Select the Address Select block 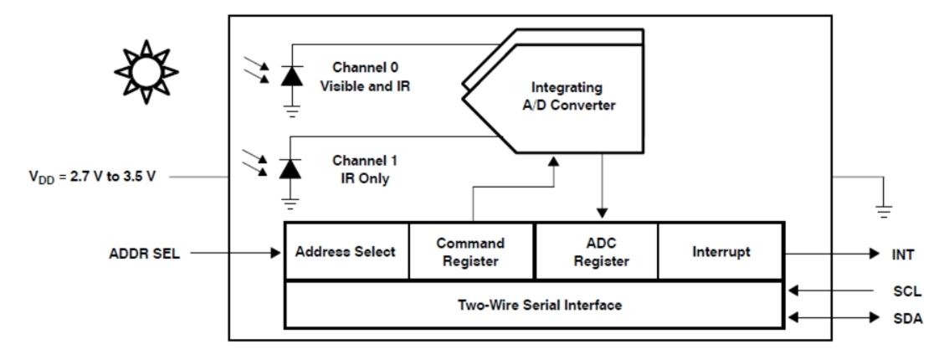click(x=346, y=251)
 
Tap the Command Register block click(x=470, y=251)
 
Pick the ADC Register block click(x=596, y=251)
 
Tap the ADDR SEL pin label click(x=146, y=251)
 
